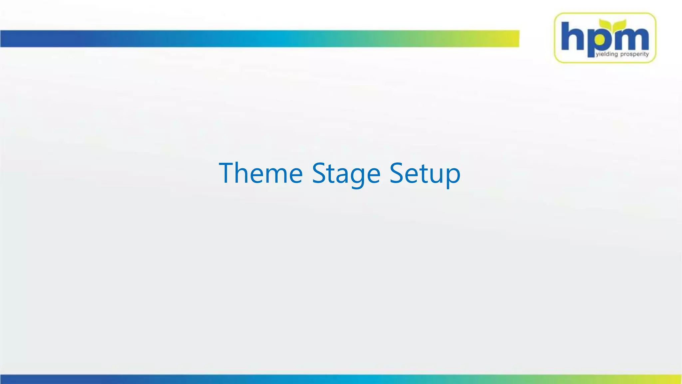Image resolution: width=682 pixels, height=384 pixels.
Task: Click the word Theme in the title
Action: (x=260, y=173)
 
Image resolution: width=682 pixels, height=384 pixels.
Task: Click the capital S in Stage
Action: (x=319, y=173)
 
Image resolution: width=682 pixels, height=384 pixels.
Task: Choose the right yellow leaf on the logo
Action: (x=619, y=24)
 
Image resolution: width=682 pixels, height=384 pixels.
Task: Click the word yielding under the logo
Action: (x=606, y=54)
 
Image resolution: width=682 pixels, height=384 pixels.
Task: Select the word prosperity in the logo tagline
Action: (x=634, y=54)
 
